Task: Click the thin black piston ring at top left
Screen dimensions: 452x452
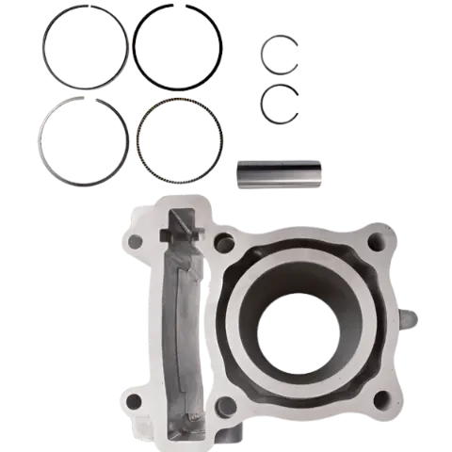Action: point(43,52)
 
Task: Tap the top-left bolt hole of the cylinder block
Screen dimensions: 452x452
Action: point(136,241)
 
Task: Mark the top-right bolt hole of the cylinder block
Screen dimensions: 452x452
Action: point(379,242)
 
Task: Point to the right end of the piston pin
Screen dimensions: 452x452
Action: point(315,175)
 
